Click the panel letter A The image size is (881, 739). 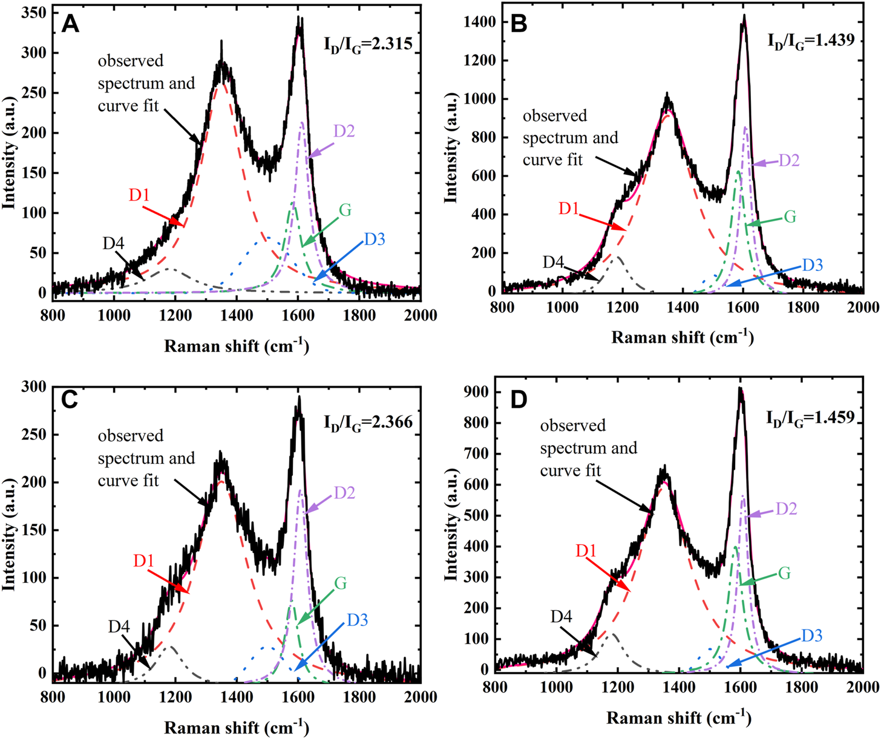tap(71, 25)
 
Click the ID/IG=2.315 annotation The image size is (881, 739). tap(368, 45)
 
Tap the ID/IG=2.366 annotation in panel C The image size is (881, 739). tap(368, 421)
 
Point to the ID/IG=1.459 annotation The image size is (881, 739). tap(810, 417)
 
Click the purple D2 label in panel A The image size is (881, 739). tap(344, 131)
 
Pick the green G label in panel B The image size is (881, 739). tap(790, 216)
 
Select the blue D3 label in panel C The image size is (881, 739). tap(358, 620)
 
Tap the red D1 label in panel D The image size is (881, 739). tap(586, 550)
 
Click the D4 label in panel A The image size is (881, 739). tap(114, 243)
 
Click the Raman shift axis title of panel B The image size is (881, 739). tap(682, 337)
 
